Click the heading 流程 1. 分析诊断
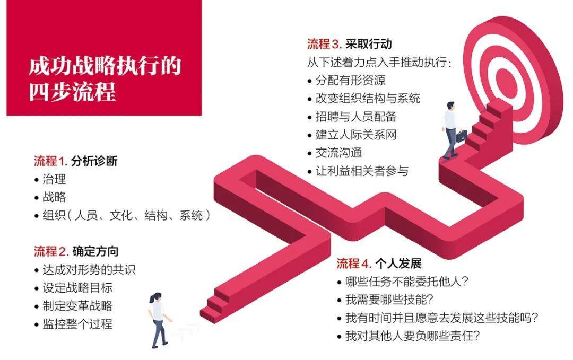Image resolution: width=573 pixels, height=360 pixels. tap(76, 161)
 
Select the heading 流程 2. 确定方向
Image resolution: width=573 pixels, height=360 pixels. tap(76, 251)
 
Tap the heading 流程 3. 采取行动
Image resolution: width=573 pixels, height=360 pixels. tap(349, 43)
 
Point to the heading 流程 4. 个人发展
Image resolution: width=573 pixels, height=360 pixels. tap(379, 264)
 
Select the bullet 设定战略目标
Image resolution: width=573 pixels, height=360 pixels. tap(77, 288)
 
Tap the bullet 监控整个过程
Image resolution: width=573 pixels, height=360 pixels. tap(77, 324)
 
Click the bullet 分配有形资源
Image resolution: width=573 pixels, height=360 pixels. tap(350, 81)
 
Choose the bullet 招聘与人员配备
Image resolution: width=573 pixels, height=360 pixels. tap(356, 117)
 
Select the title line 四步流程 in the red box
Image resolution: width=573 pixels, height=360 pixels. tap(73, 92)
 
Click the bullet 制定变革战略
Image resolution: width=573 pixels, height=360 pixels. tap(77, 306)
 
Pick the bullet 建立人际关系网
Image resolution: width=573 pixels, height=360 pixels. tap(356, 135)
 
